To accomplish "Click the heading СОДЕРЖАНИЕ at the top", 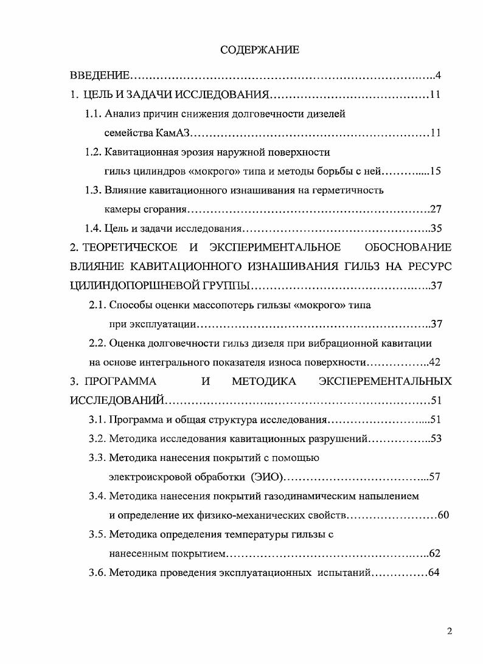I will coord(260,50).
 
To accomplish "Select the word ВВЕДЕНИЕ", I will coord(100,76).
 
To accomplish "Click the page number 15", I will coord(434,171).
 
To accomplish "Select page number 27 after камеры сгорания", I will coord(435,209).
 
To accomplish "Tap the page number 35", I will coord(435,229).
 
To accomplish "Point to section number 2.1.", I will coord(97,305).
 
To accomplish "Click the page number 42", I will coord(434,362).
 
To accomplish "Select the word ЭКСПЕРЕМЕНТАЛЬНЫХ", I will coord(385,381).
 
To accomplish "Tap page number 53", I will coord(435,439).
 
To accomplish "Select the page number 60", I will coord(443,516).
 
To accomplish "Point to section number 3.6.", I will coord(97,573).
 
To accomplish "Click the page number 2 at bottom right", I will coord(449,631).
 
